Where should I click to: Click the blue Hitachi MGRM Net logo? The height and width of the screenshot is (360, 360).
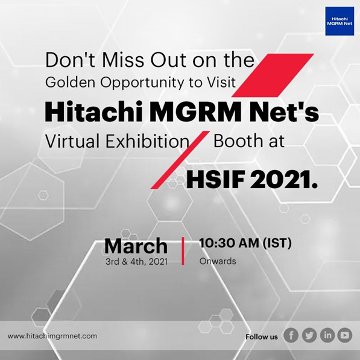coord(339,21)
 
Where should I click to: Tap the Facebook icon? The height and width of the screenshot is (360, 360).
coord(291,335)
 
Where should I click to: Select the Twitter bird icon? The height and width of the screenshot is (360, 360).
coord(309,335)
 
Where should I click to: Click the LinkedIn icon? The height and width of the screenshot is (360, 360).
coord(327,335)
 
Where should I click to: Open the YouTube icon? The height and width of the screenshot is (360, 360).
coord(344,335)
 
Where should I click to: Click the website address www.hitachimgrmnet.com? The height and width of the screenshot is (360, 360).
coord(52,336)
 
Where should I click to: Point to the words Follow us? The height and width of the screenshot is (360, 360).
coord(262,337)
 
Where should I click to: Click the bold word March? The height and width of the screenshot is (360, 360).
coord(136,246)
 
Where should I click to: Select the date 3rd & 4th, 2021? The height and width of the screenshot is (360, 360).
coord(137,262)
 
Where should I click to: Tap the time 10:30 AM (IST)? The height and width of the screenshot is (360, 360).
coord(245,243)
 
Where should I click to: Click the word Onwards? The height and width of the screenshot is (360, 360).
coord(218,261)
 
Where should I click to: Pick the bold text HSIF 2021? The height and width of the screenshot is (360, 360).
coord(252,180)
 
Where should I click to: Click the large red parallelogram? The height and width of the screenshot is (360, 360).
coord(273,75)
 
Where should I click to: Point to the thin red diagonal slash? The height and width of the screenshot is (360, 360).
coord(180,160)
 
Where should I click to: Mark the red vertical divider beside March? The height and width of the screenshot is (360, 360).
coord(183,251)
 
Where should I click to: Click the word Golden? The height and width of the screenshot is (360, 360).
coord(71,82)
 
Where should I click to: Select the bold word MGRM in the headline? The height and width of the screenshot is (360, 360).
coord(197,113)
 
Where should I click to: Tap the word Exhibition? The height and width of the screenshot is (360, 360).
coord(147,141)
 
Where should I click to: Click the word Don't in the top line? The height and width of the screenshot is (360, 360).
coord(71,60)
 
